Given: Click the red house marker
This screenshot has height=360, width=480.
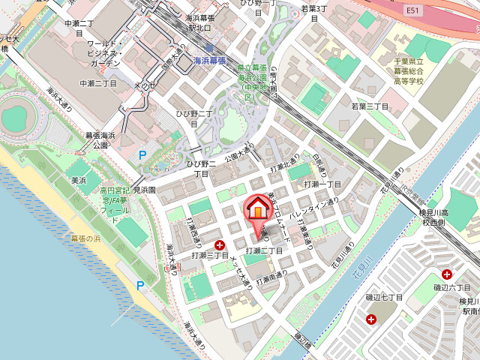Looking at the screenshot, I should (256, 207).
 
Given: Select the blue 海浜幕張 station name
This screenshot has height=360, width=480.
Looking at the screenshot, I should (209, 61).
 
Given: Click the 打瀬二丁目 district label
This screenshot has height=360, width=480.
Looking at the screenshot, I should (264, 250).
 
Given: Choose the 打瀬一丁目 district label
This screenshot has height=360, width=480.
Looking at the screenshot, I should (322, 184).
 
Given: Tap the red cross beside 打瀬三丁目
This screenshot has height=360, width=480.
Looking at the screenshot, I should (220, 244).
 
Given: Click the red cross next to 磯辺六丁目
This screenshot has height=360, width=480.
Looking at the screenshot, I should (447, 274).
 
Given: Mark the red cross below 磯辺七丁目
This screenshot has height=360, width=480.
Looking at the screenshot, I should (371, 319).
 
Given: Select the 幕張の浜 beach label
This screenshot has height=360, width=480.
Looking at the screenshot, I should (85, 238).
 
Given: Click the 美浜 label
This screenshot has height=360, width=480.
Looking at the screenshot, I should (79, 181).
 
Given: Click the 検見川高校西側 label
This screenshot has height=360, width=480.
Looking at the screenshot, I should (434, 218).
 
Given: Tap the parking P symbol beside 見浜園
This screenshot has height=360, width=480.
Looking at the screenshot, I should (142, 155).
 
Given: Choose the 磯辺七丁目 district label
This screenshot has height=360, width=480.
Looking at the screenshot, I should (385, 298).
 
